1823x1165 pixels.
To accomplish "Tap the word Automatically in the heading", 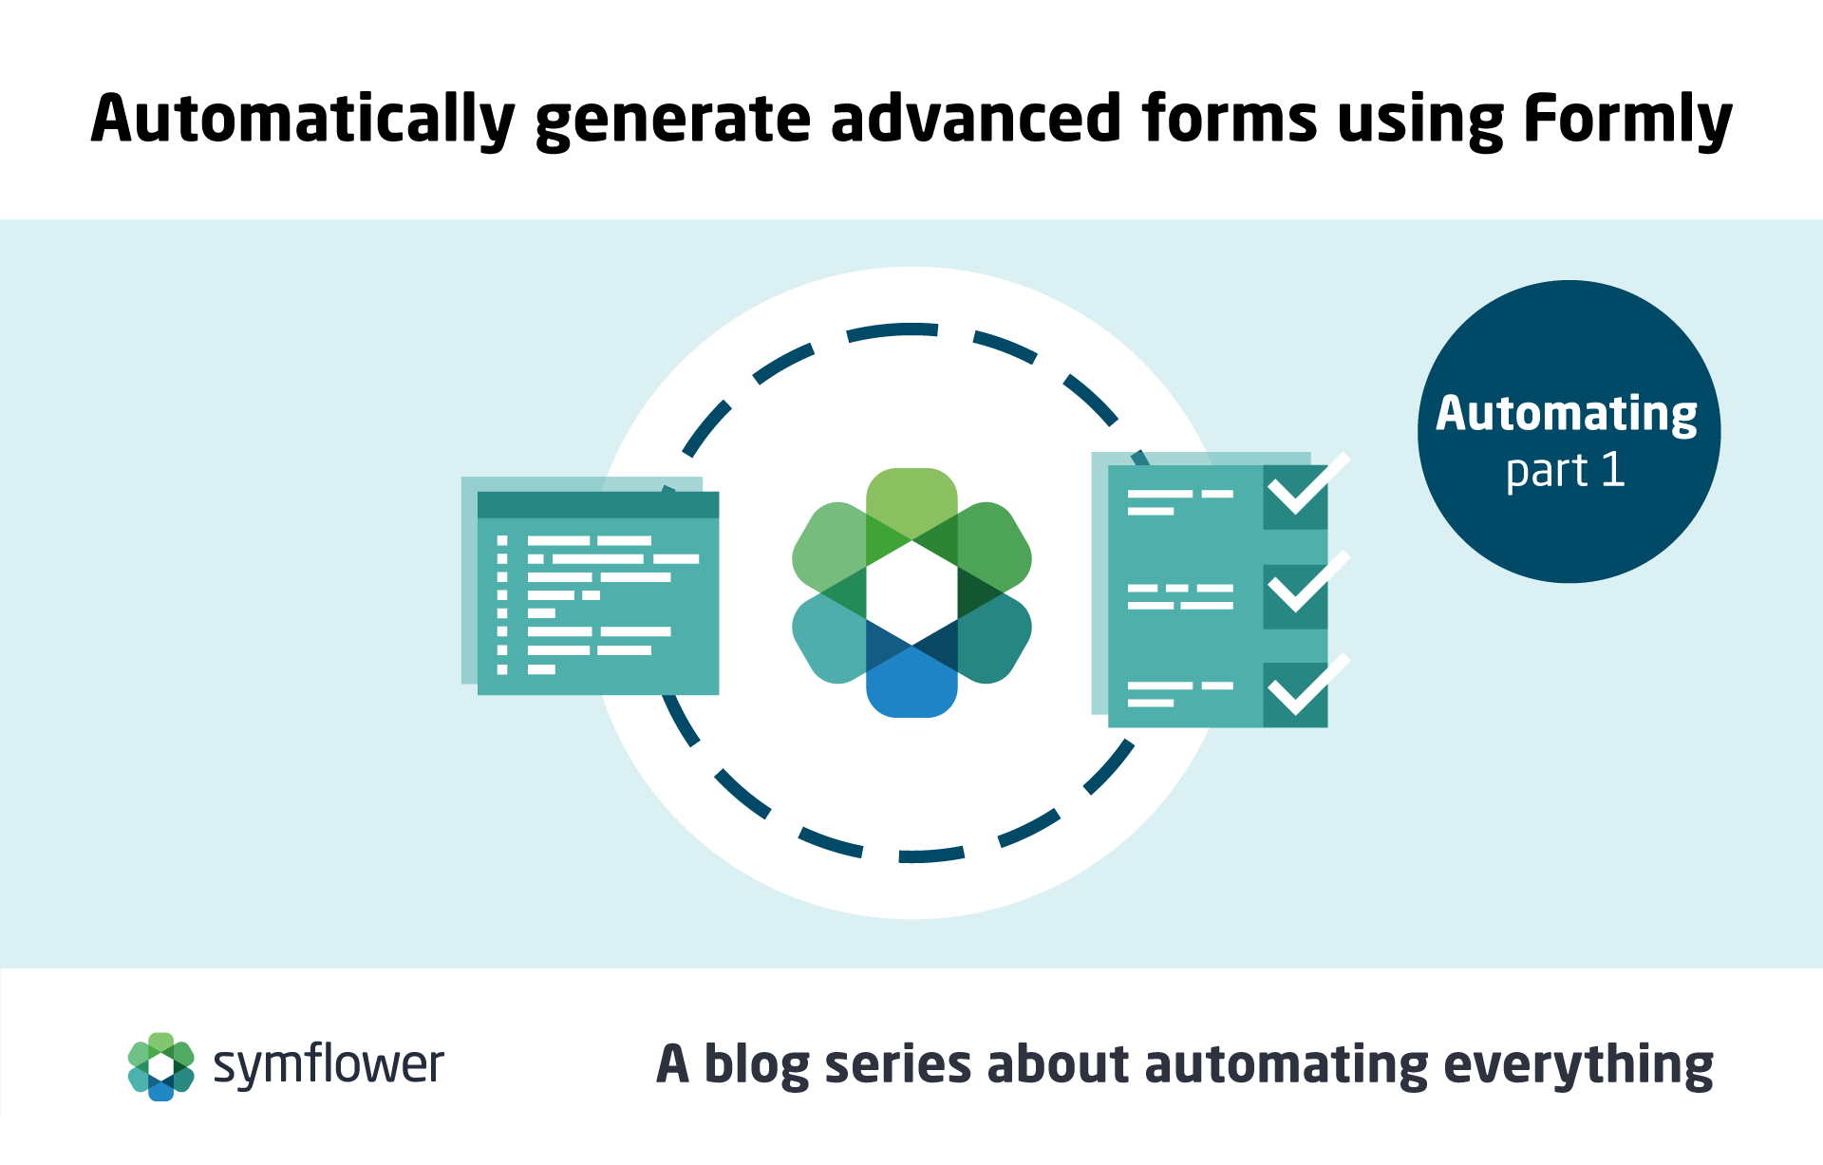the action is [x=303, y=120].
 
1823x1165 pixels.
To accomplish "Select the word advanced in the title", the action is [x=976, y=118].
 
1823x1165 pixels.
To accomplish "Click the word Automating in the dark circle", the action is [x=1567, y=414].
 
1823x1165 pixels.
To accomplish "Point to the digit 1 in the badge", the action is [x=1612, y=469].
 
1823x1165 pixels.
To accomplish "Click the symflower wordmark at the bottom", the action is [x=329, y=1065].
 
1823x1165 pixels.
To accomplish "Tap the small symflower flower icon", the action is [x=161, y=1066].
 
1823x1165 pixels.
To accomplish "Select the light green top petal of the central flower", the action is [x=911, y=503].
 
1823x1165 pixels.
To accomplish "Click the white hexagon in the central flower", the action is [x=911, y=593].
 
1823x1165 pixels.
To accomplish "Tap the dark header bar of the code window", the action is [x=598, y=505].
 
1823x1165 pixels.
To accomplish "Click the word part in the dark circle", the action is [x=1547, y=472].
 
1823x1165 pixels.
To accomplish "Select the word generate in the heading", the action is [x=673, y=122].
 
